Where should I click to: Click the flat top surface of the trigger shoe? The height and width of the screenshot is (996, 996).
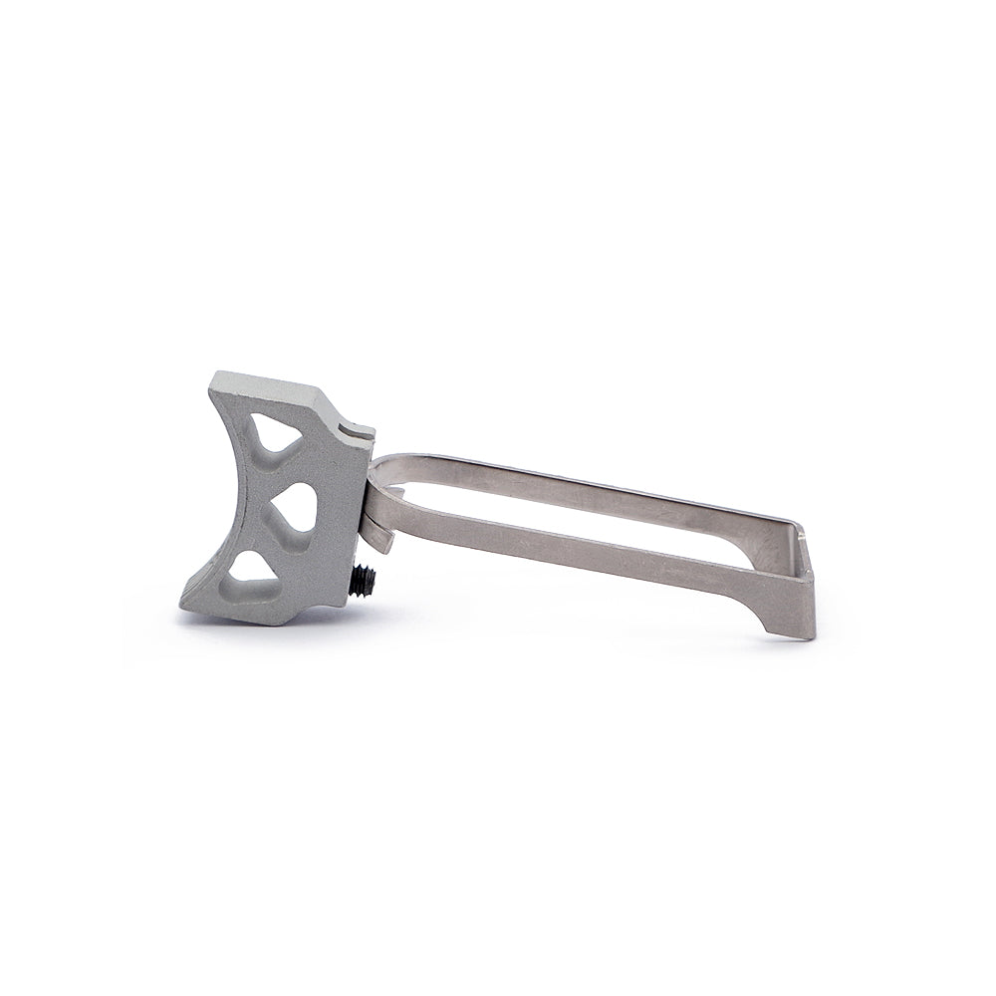coord(269,386)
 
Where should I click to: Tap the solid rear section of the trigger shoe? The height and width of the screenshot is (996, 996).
coord(339,498)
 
